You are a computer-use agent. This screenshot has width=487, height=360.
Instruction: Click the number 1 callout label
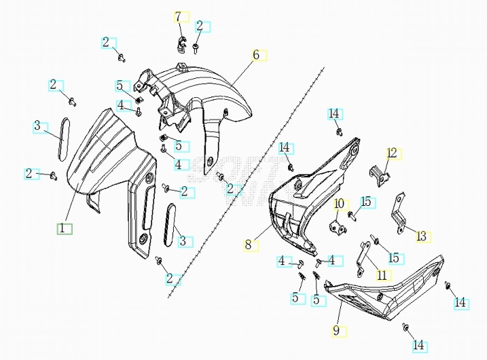pyautogui.click(x=62, y=229)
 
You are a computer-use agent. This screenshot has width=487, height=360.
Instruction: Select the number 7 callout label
pyautogui.click(x=179, y=16)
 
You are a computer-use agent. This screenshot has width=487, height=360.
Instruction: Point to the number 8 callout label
pyautogui.click(x=249, y=244)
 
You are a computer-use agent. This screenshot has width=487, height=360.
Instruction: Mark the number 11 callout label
pyautogui.click(x=382, y=275)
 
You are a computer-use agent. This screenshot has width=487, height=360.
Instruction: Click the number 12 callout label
pyautogui.click(x=391, y=153)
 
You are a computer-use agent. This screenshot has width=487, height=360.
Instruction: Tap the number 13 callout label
pyautogui.click(x=421, y=236)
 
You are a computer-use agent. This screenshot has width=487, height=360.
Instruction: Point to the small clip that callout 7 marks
pyautogui.click(x=181, y=46)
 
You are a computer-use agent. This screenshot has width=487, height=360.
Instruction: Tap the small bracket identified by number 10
pyautogui.click(x=336, y=224)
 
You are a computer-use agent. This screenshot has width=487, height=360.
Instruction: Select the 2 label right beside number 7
pyautogui.click(x=200, y=26)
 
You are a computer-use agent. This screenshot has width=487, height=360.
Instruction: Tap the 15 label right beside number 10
pyautogui.click(x=366, y=202)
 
